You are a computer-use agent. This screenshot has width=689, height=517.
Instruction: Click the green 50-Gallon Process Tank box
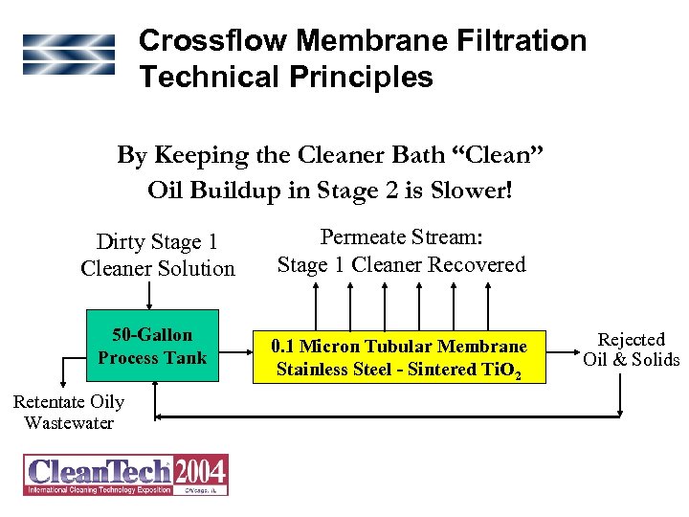pos(152,346)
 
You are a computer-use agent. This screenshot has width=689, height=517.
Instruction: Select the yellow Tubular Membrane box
pos(399,357)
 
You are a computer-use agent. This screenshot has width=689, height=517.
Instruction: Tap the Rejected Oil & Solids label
pos(631,349)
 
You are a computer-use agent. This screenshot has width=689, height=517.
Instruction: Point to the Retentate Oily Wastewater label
pos(68,413)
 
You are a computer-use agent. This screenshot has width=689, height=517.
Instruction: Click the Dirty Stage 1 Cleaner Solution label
pos(157,256)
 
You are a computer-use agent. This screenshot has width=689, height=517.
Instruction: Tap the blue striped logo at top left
pos(69,55)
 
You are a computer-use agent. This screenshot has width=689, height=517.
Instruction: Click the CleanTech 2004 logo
pos(126,474)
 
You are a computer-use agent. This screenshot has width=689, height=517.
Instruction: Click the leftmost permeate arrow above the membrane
pos(316,307)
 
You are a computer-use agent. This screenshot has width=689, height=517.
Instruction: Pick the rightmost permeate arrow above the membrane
pos(489,307)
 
